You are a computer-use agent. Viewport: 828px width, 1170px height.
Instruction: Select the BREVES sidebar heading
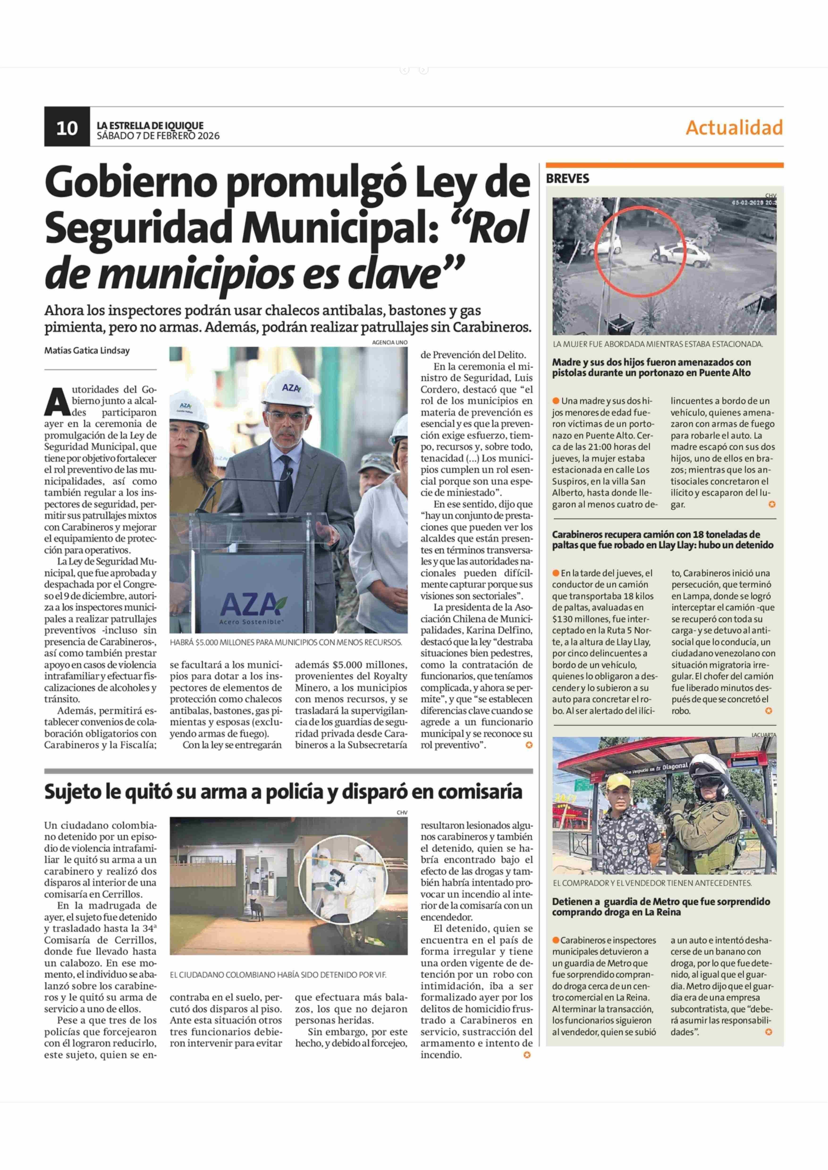coord(567,178)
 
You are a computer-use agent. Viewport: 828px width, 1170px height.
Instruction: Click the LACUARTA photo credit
coord(763,735)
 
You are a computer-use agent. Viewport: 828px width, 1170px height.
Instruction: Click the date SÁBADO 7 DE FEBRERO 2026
coord(158,136)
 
